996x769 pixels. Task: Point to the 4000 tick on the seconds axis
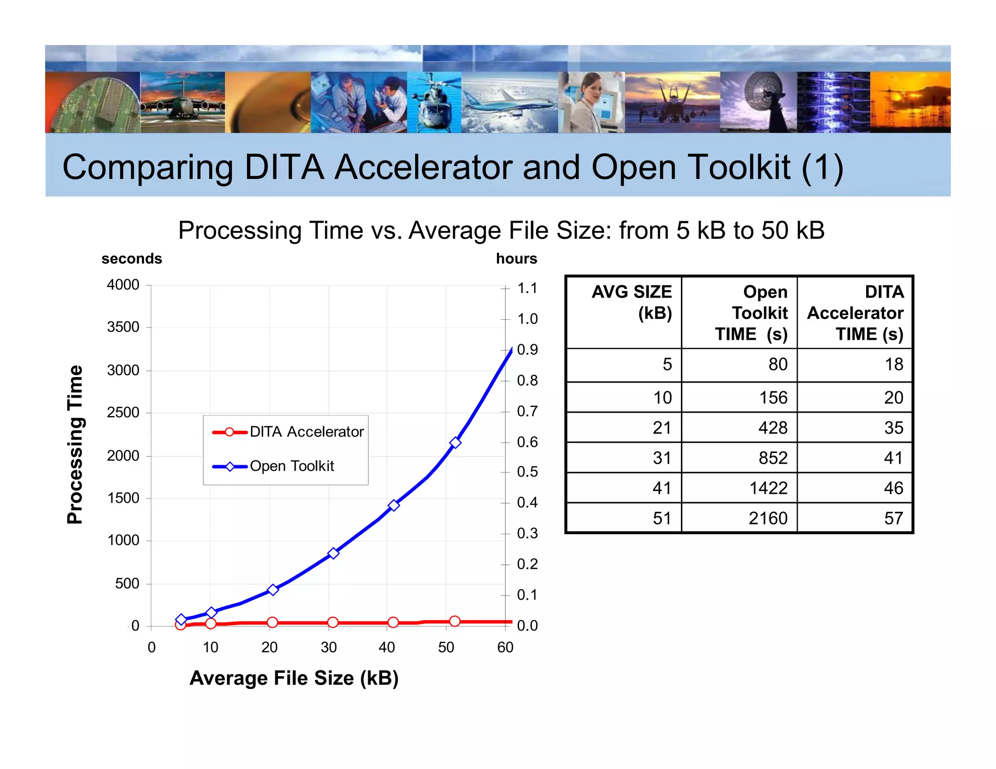[x=123, y=285]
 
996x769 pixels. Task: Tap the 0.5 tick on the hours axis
[x=527, y=472]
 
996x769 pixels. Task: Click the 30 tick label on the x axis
[x=329, y=647]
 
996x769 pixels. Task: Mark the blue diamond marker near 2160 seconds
[x=455, y=442]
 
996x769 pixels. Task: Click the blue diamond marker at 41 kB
[x=394, y=506]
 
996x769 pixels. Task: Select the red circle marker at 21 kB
[x=272, y=622]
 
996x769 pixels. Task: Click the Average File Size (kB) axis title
[x=294, y=678]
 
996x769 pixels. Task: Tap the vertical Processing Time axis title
[x=75, y=444]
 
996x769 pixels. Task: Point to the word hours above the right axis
[x=516, y=259]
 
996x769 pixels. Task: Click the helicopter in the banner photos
[x=434, y=102]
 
